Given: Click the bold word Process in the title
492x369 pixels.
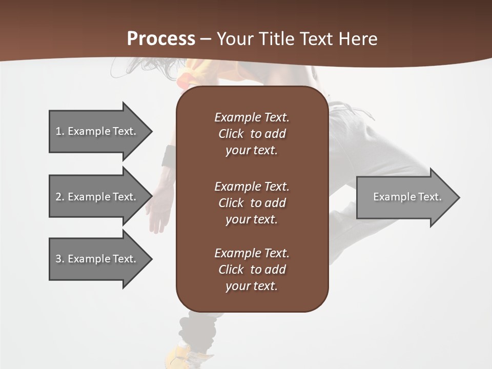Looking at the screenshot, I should click(x=161, y=38).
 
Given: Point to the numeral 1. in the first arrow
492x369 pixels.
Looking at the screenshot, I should click(x=59, y=131).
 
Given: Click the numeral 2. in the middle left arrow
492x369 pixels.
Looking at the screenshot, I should click(x=59, y=197).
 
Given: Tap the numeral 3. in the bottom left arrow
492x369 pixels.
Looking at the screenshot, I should click(x=59, y=259).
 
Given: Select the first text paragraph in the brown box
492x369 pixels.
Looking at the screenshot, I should click(x=252, y=134).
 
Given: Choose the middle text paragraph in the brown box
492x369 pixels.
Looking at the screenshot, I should click(x=252, y=203).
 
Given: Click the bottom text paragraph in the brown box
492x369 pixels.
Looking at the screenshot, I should click(x=252, y=270).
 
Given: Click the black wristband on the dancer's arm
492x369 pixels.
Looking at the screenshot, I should click(x=170, y=157).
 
